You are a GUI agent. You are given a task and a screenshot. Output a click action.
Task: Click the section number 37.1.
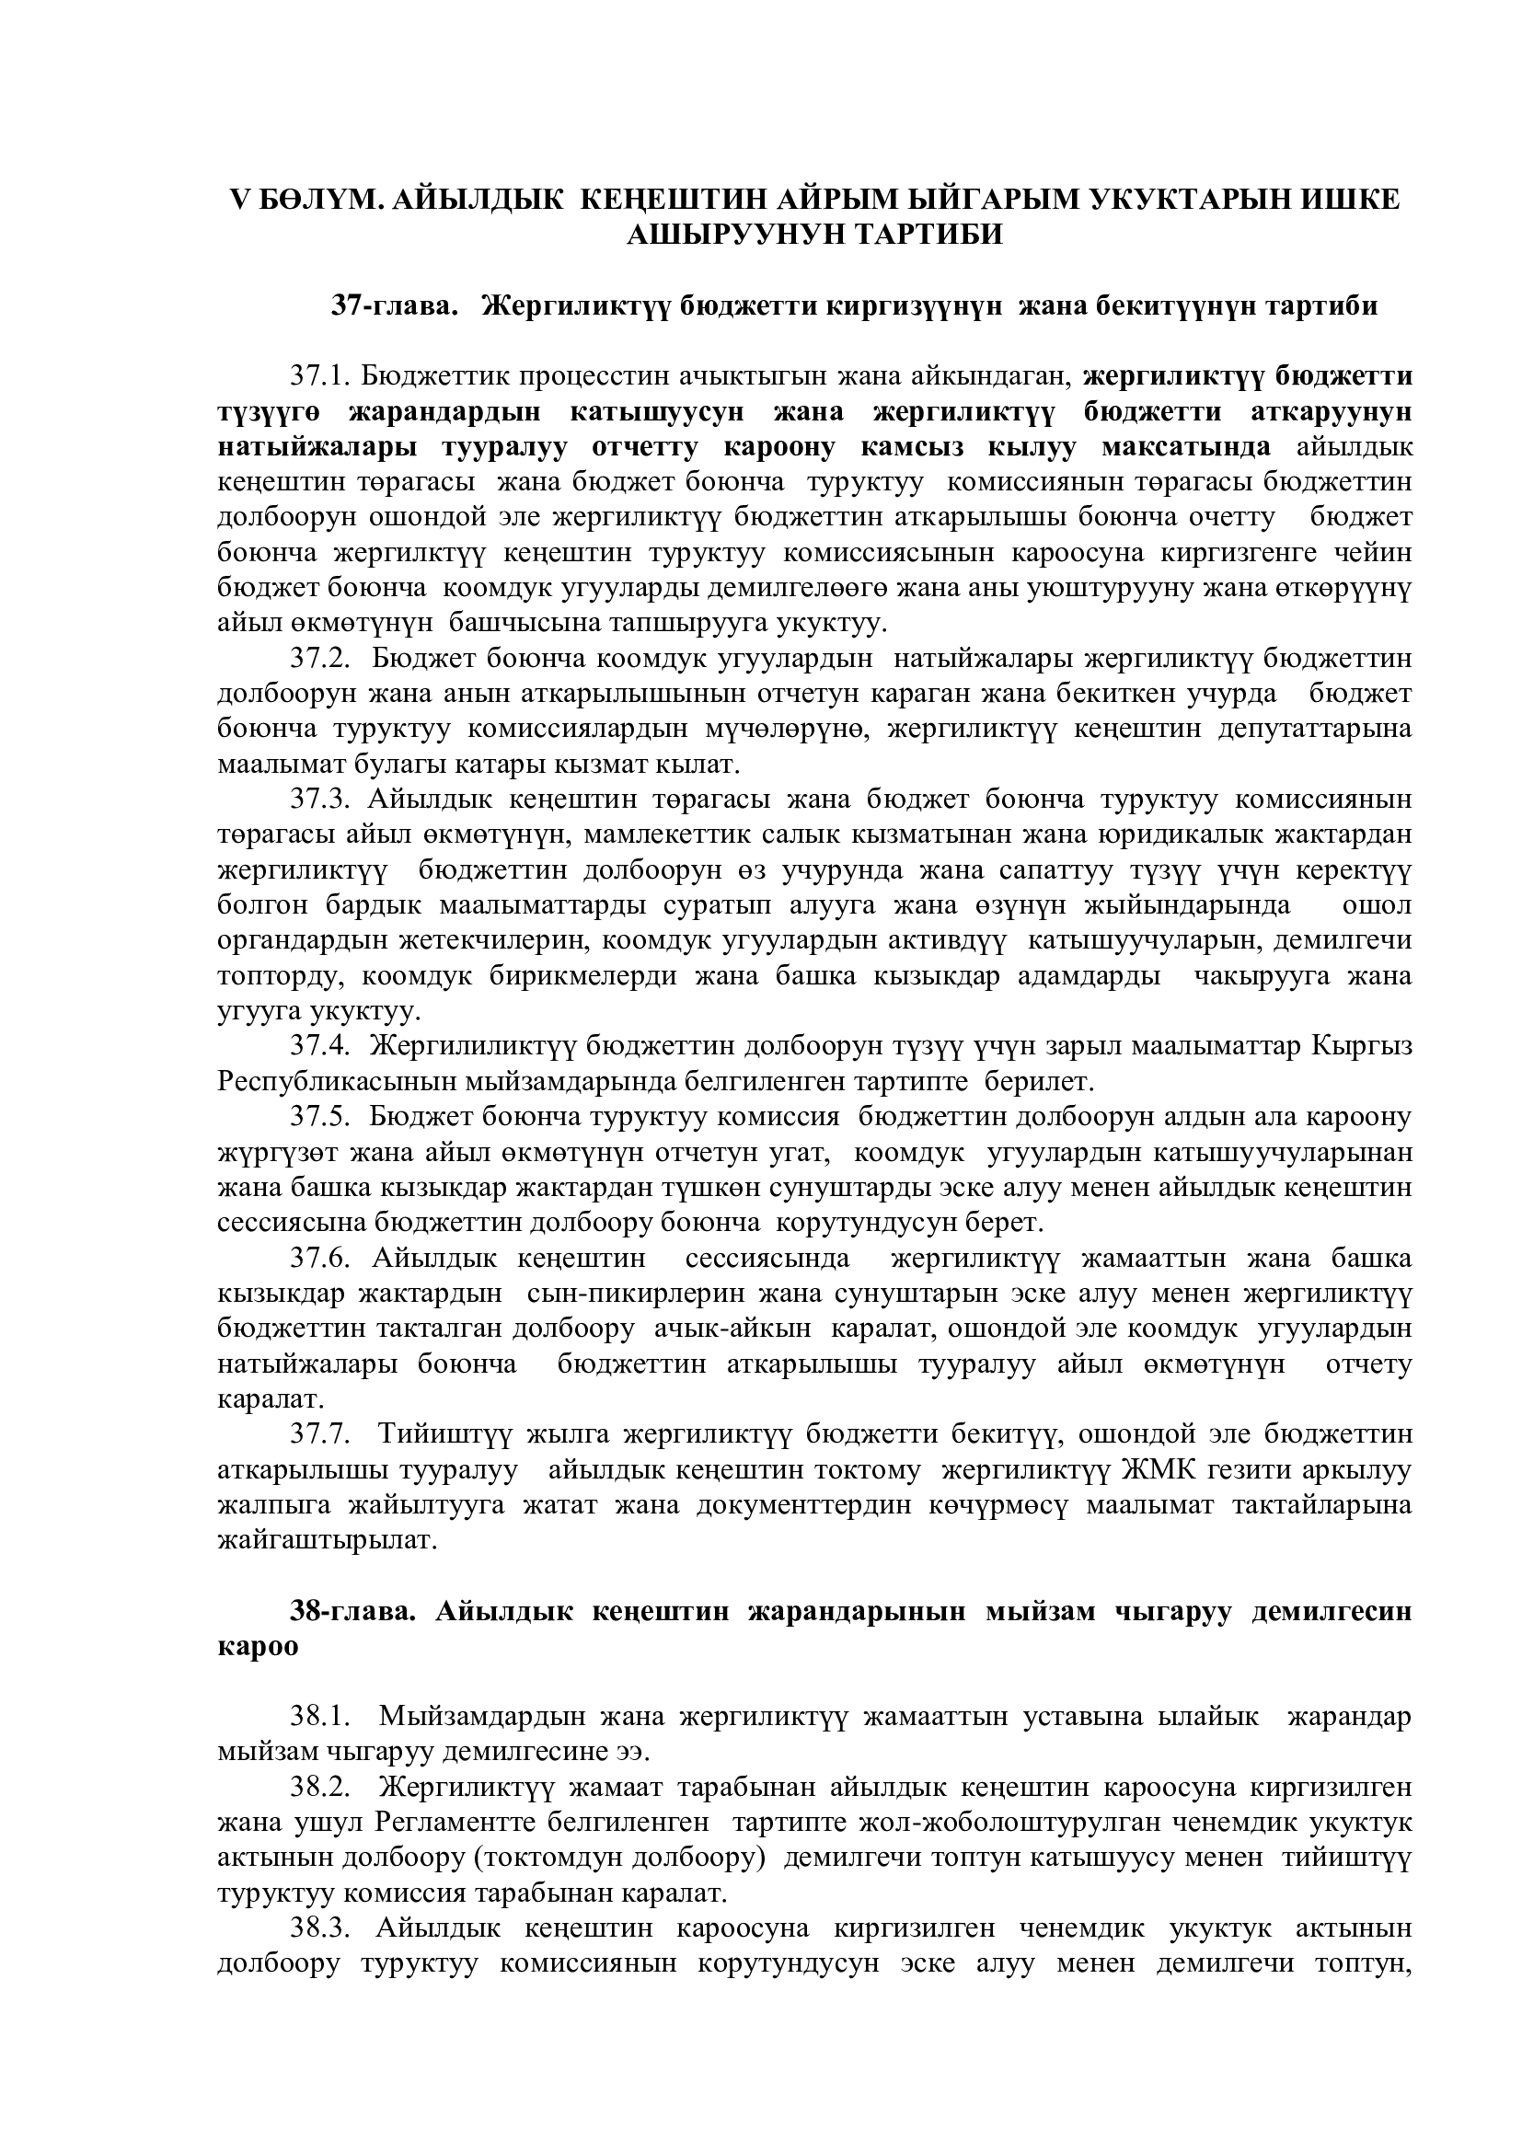(319, 376)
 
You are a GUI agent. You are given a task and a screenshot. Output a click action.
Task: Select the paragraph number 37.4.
(319, 1045)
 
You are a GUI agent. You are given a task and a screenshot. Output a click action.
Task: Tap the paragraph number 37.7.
(319, 1434)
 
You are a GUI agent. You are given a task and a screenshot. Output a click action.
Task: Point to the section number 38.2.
(319, 1787)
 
